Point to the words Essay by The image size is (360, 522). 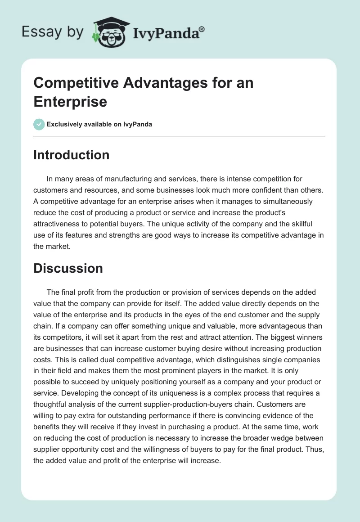52,32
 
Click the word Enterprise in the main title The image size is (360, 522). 70,101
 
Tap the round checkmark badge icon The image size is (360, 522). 39,124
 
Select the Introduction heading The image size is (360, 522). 71,155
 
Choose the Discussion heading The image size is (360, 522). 68,268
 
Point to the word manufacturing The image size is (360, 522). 119,179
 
